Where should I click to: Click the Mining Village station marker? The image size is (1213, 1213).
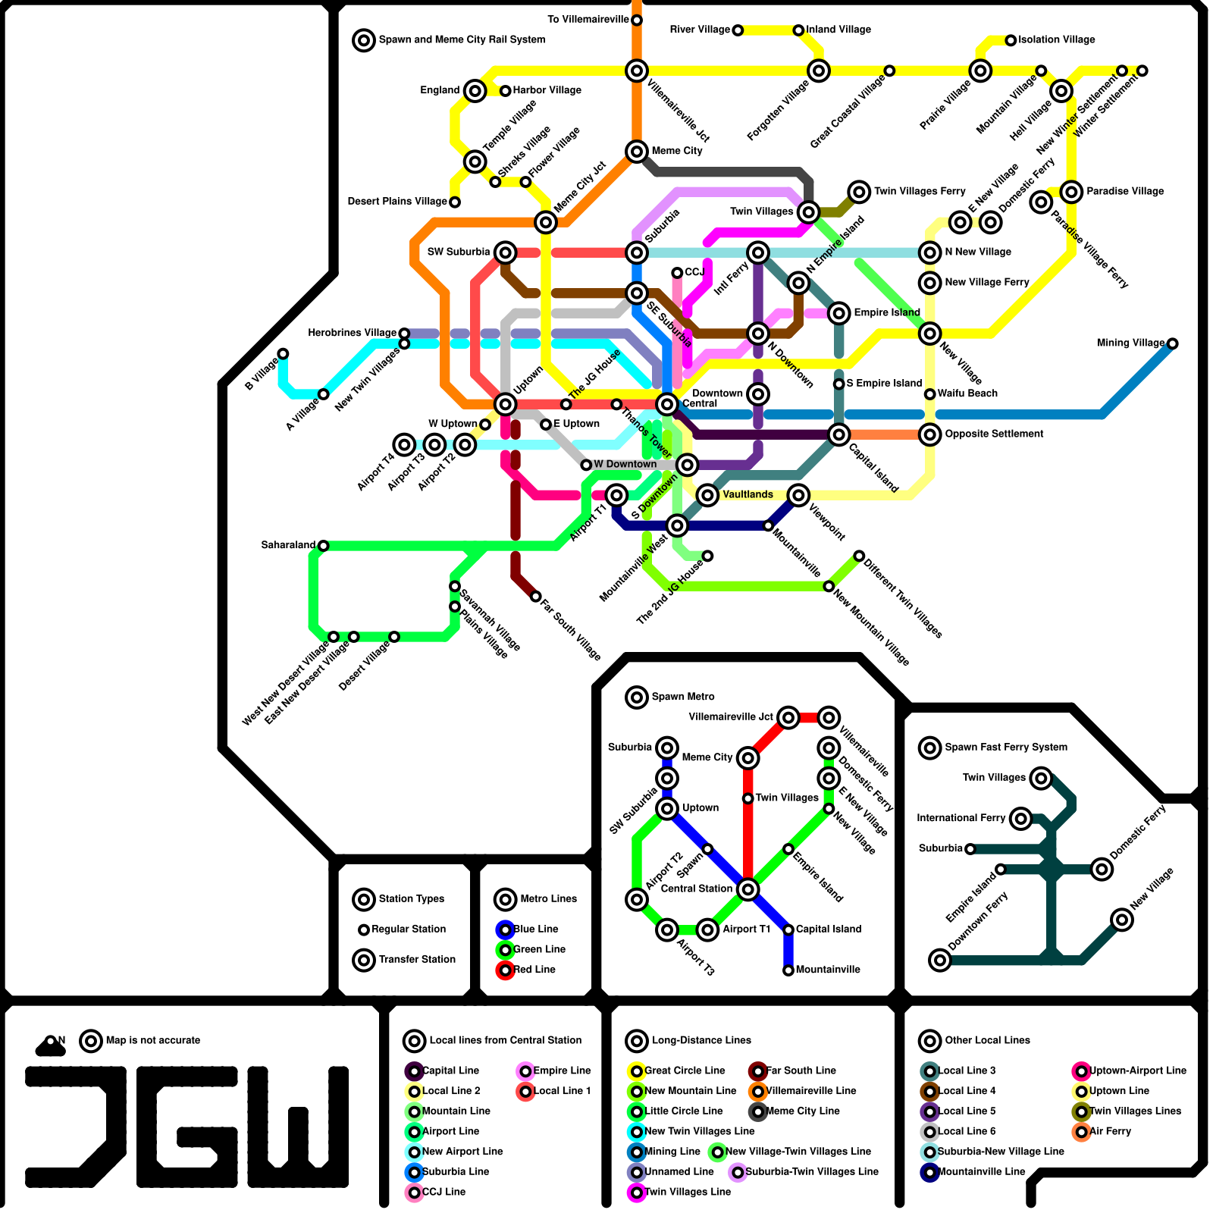(1172, 343)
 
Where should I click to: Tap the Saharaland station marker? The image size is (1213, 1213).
(323, 546)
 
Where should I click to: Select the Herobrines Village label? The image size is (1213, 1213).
(352, 333)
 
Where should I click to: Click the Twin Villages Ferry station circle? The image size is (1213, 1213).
(859, 192)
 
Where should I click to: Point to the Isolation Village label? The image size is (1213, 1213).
(1056, 39)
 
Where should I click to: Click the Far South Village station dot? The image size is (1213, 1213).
(536, 597)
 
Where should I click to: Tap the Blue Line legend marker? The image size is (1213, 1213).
(505, 929)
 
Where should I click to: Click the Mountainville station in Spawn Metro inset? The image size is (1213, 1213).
(788, 970)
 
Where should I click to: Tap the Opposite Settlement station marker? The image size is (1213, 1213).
(930, 434)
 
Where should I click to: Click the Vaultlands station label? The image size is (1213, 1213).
(748, 494)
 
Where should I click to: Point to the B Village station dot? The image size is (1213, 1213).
(283, 353)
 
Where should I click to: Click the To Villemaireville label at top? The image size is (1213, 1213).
(588, 19)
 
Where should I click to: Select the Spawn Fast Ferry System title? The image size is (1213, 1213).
(1005, 748)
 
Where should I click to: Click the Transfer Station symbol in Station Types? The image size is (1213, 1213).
(364, 960)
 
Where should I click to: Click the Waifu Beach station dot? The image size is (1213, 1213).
(929, 394)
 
